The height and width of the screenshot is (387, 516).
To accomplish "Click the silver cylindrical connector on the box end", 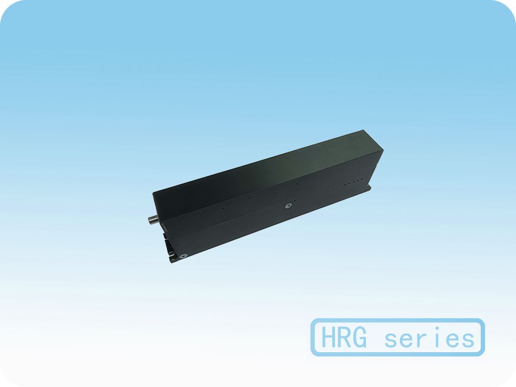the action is [153, 220].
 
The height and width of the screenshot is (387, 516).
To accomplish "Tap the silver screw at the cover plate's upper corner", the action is [288, 206].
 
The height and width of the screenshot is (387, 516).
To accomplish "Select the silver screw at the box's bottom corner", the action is [184, 256].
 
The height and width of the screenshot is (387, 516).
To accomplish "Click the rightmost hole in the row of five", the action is [362, 179].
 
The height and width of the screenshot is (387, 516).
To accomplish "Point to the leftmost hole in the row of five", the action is [345, 185].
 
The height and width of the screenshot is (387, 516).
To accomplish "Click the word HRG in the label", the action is [344, 338].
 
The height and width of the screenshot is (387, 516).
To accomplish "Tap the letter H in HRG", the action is [328, 338].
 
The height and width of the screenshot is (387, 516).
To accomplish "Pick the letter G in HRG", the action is [359, 338].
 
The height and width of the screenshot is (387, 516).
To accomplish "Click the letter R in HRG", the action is [344, 338].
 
